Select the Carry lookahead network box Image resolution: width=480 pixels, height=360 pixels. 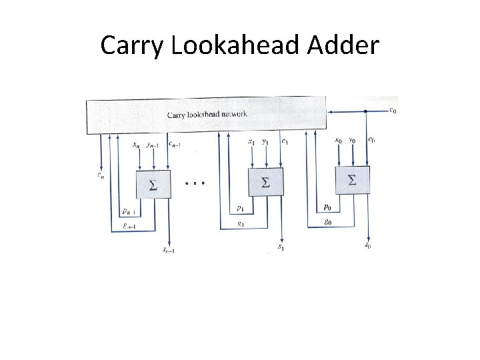(206, 114)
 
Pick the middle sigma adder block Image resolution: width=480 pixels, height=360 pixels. (265, 182)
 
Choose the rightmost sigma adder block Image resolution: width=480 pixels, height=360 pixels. (352, 179)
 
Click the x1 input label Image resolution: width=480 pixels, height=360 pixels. (251, 141)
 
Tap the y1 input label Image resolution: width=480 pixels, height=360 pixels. (265, 141)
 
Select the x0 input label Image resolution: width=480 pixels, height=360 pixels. (338, 141)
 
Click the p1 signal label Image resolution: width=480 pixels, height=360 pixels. (239, 209)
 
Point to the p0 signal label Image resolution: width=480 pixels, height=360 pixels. (327, 207)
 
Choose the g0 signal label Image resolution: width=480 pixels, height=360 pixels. (327, 222)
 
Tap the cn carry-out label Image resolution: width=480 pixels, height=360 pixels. (101, 175)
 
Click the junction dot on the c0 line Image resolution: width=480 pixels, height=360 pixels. (365, 111)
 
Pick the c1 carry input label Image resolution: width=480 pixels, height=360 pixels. (285, 141)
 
